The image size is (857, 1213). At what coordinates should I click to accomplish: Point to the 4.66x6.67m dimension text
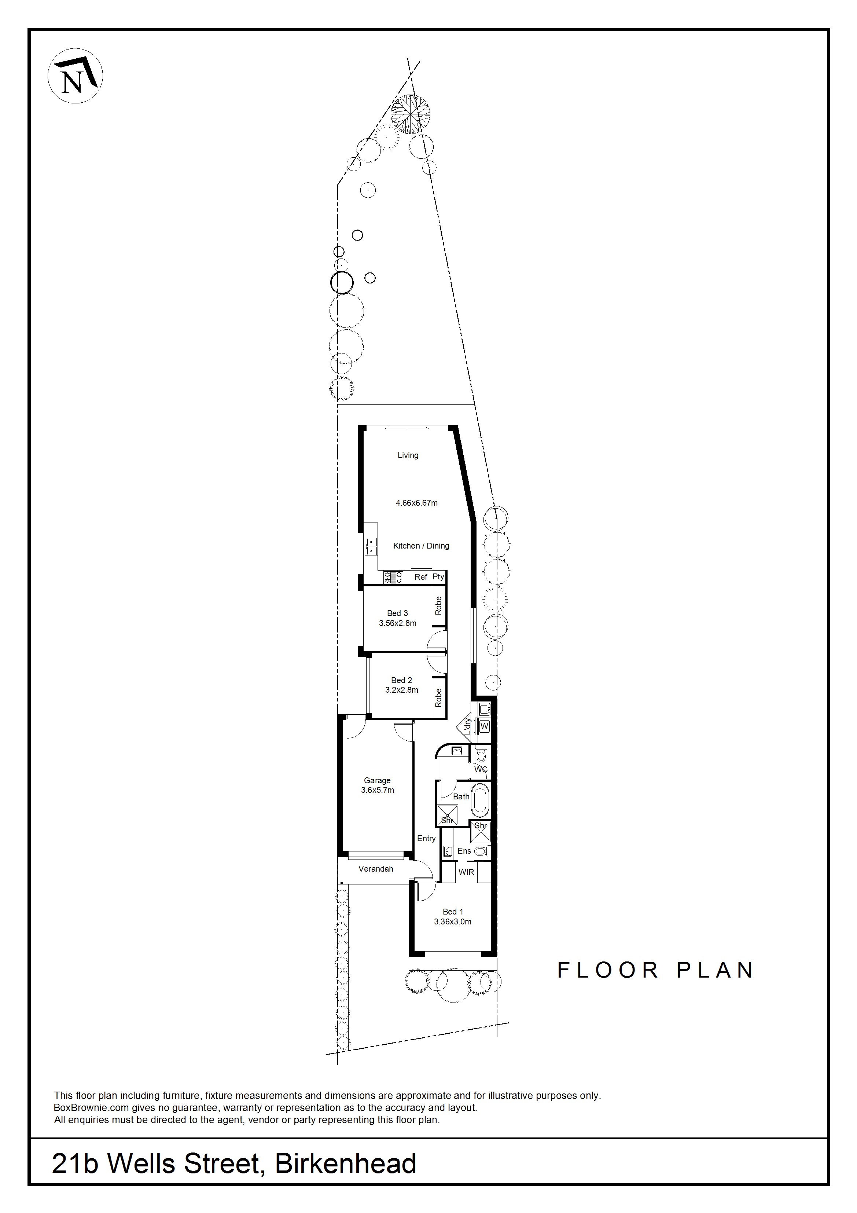tap(417, 503)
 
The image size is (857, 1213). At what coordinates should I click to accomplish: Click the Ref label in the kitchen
tap(421, 577)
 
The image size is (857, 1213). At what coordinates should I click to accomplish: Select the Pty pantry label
tap(439, 577)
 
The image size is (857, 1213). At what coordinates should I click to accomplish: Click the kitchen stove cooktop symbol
tap(393, 577)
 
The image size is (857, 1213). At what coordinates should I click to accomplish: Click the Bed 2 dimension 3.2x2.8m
tap(402, 690)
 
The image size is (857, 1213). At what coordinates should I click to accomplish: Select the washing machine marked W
tap(485, 727)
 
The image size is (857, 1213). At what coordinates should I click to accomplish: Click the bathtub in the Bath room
tap(479, 800)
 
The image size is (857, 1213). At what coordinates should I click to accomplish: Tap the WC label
tap(481, 770)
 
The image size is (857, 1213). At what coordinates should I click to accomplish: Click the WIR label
tap(466, 872)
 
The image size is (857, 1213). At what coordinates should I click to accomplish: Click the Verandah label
tap(376, 869)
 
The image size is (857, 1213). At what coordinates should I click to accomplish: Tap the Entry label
tap(427, 838)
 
